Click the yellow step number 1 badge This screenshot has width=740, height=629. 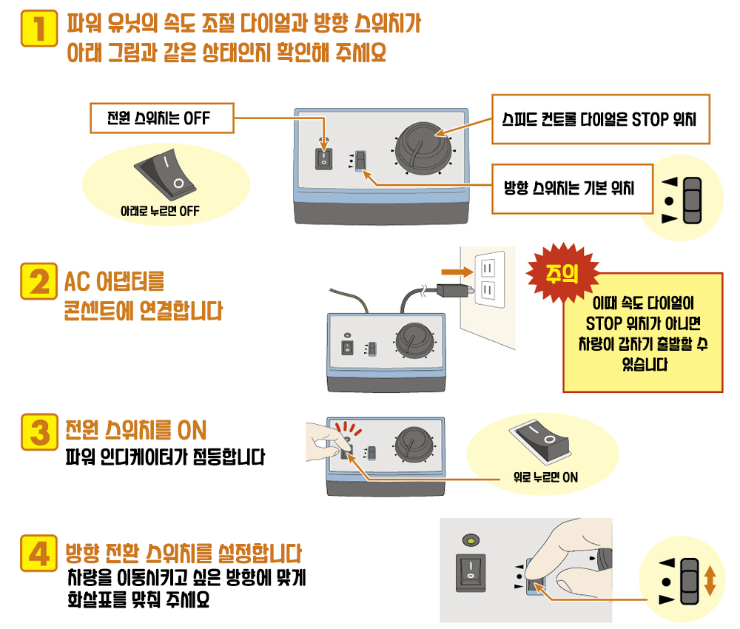coord(39,28)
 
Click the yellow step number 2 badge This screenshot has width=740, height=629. coord(39,281)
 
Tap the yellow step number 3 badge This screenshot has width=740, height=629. coord(40,431)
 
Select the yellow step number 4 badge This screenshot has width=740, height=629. coord(39,553)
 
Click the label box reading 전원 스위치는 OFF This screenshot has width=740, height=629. coord(162,118)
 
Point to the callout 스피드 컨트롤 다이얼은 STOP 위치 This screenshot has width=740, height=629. coord(600,119)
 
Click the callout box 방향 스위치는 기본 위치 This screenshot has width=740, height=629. coord(572,189)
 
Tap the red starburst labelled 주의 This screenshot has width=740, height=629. coord(562,273)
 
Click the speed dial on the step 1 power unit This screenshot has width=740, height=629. coord(423,148)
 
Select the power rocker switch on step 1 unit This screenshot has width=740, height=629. coord(324,158)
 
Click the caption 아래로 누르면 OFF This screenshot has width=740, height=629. coord(160,211)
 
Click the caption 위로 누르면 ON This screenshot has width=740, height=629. coord(545,477)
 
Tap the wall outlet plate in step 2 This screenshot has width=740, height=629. coord(488,280)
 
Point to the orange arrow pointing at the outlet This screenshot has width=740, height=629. coord(457,272)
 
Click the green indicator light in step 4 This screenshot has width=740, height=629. coord(471,539)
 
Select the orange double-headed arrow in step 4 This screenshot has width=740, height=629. coord(710,581)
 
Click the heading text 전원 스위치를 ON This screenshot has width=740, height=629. coord(136,431)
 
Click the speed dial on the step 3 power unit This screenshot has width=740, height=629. coord(414,443)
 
